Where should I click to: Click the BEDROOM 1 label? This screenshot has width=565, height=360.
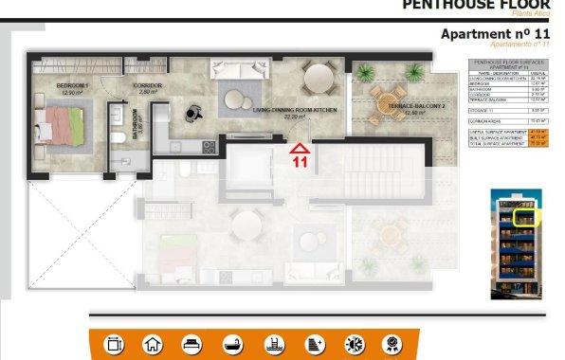[x=74, y=89]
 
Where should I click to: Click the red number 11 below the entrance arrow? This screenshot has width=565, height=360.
[x=300, y=161]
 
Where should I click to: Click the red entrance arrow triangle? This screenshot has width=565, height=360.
[x=300, y=148]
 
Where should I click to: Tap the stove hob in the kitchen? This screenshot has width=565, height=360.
[x=209, y=147]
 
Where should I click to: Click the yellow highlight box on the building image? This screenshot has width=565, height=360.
[x=523, y=216]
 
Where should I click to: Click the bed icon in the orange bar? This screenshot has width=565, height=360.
[x=191, y=343]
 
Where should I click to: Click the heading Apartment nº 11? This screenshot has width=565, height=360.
[x=496, y=34]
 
